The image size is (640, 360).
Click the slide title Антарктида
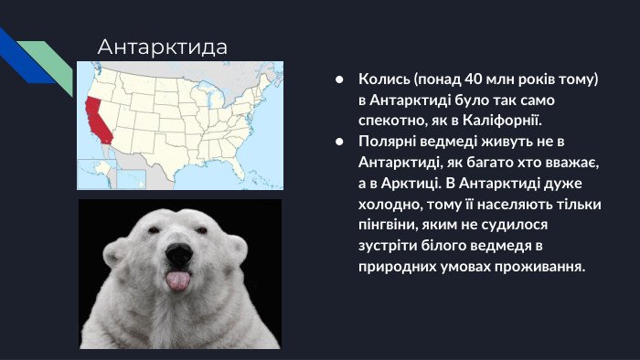point(163,47)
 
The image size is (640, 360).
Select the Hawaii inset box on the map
point(131,178)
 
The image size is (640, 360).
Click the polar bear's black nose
point(179,255)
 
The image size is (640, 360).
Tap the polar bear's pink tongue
point(178,281)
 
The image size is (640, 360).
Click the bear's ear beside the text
point(238,249)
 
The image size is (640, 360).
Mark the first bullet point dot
point(339,79)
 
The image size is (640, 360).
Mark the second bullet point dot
point(339,142)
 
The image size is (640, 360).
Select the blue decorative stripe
point(25,57)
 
